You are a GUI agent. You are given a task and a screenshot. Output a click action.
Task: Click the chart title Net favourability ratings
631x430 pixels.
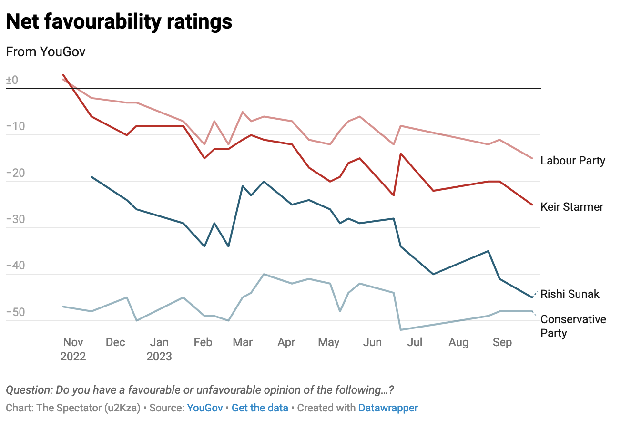point(119,22)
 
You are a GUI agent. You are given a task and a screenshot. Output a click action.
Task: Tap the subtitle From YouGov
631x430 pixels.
point(46,51)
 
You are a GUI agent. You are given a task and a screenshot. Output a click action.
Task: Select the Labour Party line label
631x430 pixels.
point(572,161)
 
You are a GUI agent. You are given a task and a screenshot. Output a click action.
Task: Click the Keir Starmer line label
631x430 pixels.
point(571,207)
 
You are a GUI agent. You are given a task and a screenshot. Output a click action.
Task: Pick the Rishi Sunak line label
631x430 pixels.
point(570,294)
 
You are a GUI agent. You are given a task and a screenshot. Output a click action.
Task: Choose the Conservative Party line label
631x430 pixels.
point(573,326)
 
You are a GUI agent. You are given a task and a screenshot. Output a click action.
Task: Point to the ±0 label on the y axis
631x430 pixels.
point(12,80)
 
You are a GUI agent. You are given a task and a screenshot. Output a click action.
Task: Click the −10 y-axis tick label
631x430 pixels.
point(15,127)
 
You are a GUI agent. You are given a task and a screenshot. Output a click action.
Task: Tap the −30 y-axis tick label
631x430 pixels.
point(15,220)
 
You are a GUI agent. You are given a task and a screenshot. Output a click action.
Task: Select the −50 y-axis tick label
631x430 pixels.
point(15,313)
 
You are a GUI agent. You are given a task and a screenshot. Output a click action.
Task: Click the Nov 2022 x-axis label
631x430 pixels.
point(73,349)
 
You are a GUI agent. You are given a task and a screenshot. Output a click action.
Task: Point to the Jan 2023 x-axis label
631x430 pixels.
point(159,349)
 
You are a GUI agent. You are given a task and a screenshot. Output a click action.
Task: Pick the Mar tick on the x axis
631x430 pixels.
point(243,342)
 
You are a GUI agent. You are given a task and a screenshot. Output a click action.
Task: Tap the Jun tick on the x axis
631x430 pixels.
point(372,342)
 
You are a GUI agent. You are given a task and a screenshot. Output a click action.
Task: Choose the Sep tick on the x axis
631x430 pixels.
point(502,342)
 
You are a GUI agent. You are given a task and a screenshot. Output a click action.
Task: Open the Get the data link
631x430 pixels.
point(260,408)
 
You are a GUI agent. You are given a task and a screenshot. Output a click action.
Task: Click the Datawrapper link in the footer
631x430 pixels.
point(388,408)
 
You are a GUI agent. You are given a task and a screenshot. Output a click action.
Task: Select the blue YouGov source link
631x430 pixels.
point(205,408)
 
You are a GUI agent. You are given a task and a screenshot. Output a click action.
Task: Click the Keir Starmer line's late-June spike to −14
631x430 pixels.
point(401,154)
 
